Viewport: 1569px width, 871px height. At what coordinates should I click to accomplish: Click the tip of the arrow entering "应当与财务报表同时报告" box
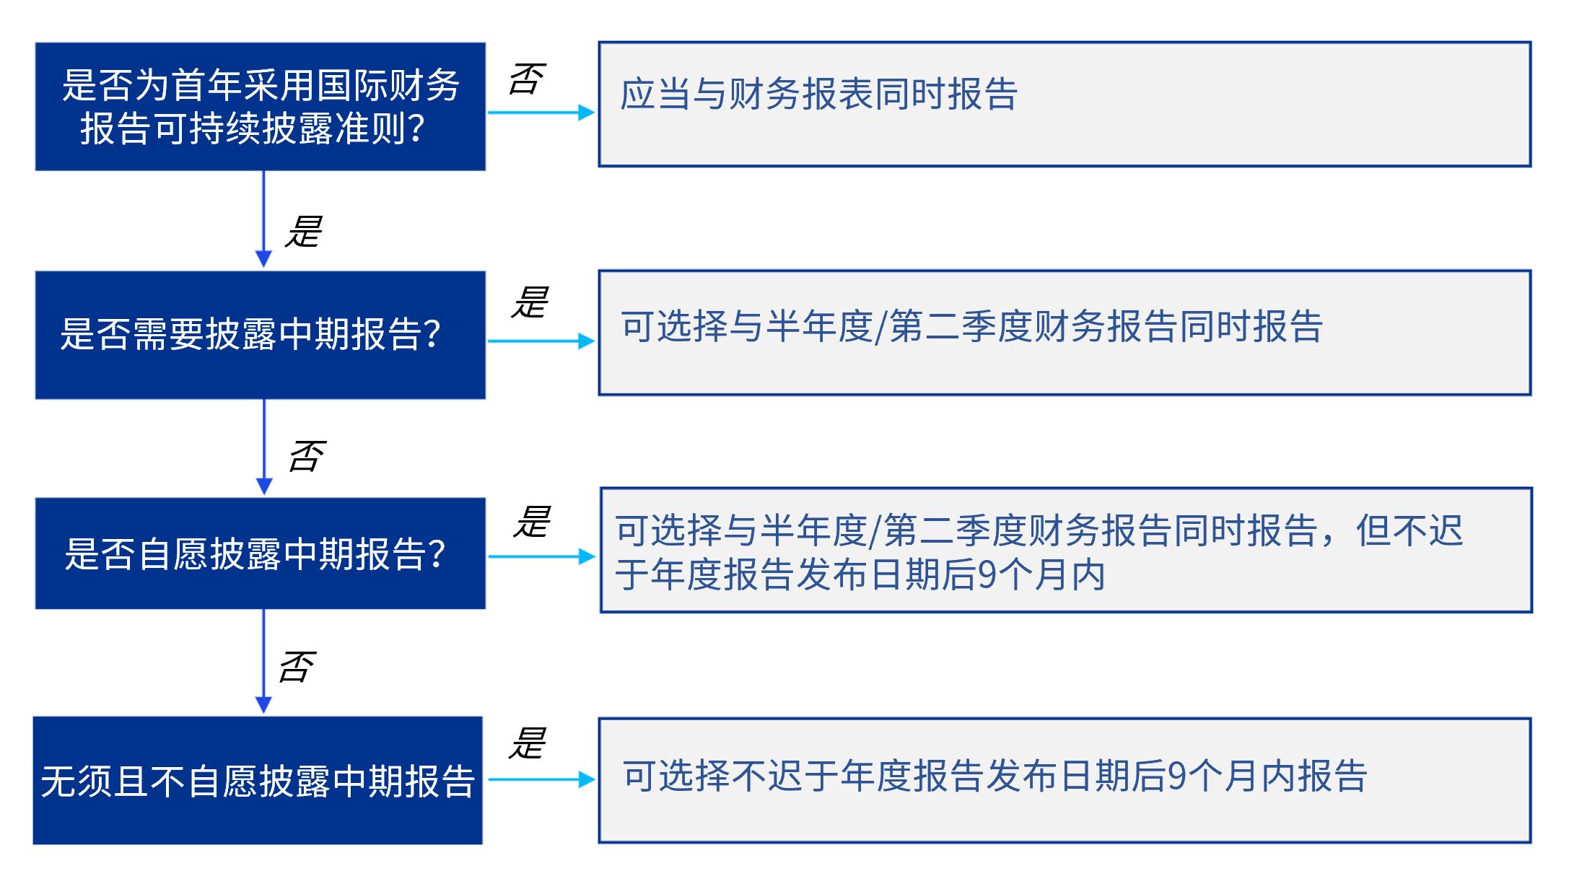pos(595,113)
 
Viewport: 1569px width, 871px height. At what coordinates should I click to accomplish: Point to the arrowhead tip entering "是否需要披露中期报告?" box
pos(263,268)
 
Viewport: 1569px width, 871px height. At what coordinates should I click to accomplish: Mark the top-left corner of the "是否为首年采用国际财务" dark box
pos(35,43)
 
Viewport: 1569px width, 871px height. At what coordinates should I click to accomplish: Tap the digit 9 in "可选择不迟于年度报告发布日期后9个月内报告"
pos(1177,776)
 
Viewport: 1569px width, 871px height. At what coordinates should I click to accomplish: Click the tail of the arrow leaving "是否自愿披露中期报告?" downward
pos(263,610)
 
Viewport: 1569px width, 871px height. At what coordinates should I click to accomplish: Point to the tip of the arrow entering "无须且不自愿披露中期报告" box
pos(263,714)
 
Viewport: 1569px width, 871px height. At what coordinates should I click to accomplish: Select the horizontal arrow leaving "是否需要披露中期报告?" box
pos(541,341)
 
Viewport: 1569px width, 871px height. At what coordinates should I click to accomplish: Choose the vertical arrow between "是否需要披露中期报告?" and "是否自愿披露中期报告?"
pos(264,447)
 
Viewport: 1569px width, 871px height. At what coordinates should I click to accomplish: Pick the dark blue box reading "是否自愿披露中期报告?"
pos(261,553)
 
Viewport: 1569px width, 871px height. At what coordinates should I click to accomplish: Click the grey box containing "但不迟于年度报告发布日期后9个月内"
pos(1066,551)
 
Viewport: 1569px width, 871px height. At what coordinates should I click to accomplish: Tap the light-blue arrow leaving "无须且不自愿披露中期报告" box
pos(541,779)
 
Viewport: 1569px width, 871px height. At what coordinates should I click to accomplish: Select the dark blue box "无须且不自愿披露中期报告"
pos(258,781)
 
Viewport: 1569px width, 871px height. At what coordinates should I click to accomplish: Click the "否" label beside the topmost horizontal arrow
pos(527,79)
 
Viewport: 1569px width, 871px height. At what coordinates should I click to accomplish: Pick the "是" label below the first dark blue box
pos(303,232)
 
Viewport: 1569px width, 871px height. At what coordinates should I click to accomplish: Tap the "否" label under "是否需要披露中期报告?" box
pos(307,457)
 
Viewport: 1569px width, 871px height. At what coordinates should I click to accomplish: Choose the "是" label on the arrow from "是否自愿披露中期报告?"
pos(532,522)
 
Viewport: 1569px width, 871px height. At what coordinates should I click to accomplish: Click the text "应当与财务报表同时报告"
pos(819,95)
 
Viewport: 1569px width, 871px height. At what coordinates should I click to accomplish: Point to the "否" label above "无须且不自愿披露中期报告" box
pos(297,668)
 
